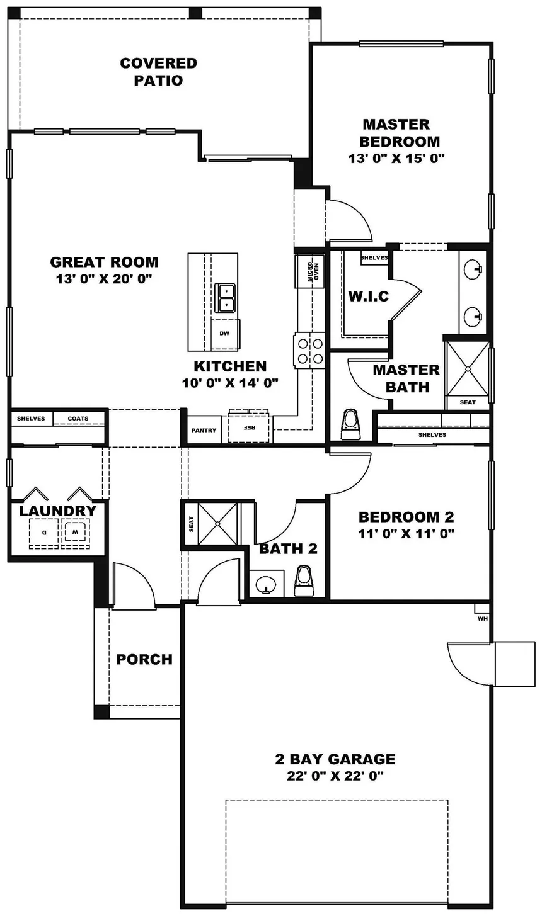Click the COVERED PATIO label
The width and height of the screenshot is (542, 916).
click(x=158, y=72)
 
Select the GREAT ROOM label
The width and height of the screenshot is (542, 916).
click(x=104, y=262)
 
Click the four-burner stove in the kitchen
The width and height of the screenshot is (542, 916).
click(x=309, y=351)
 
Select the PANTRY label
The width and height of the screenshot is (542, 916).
click(x=204, y=431)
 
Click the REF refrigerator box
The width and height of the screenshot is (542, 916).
click(x=250, y=427)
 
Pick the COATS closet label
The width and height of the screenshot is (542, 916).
click(x=78, y=419)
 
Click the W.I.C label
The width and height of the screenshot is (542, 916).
click(x=369, y=296)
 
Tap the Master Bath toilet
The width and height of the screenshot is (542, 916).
click(x=349, y=424)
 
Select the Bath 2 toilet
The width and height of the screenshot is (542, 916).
click(x=304, y=580)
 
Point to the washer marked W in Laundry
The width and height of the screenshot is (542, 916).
click(x=75, y=533)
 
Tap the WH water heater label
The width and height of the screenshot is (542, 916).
click(x=483, y=619)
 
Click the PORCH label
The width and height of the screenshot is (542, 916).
click(x=144, y=660)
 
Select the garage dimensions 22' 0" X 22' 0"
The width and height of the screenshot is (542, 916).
click(x=335, y=776)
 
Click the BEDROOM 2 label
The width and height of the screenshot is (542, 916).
click(x=406, y=517)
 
